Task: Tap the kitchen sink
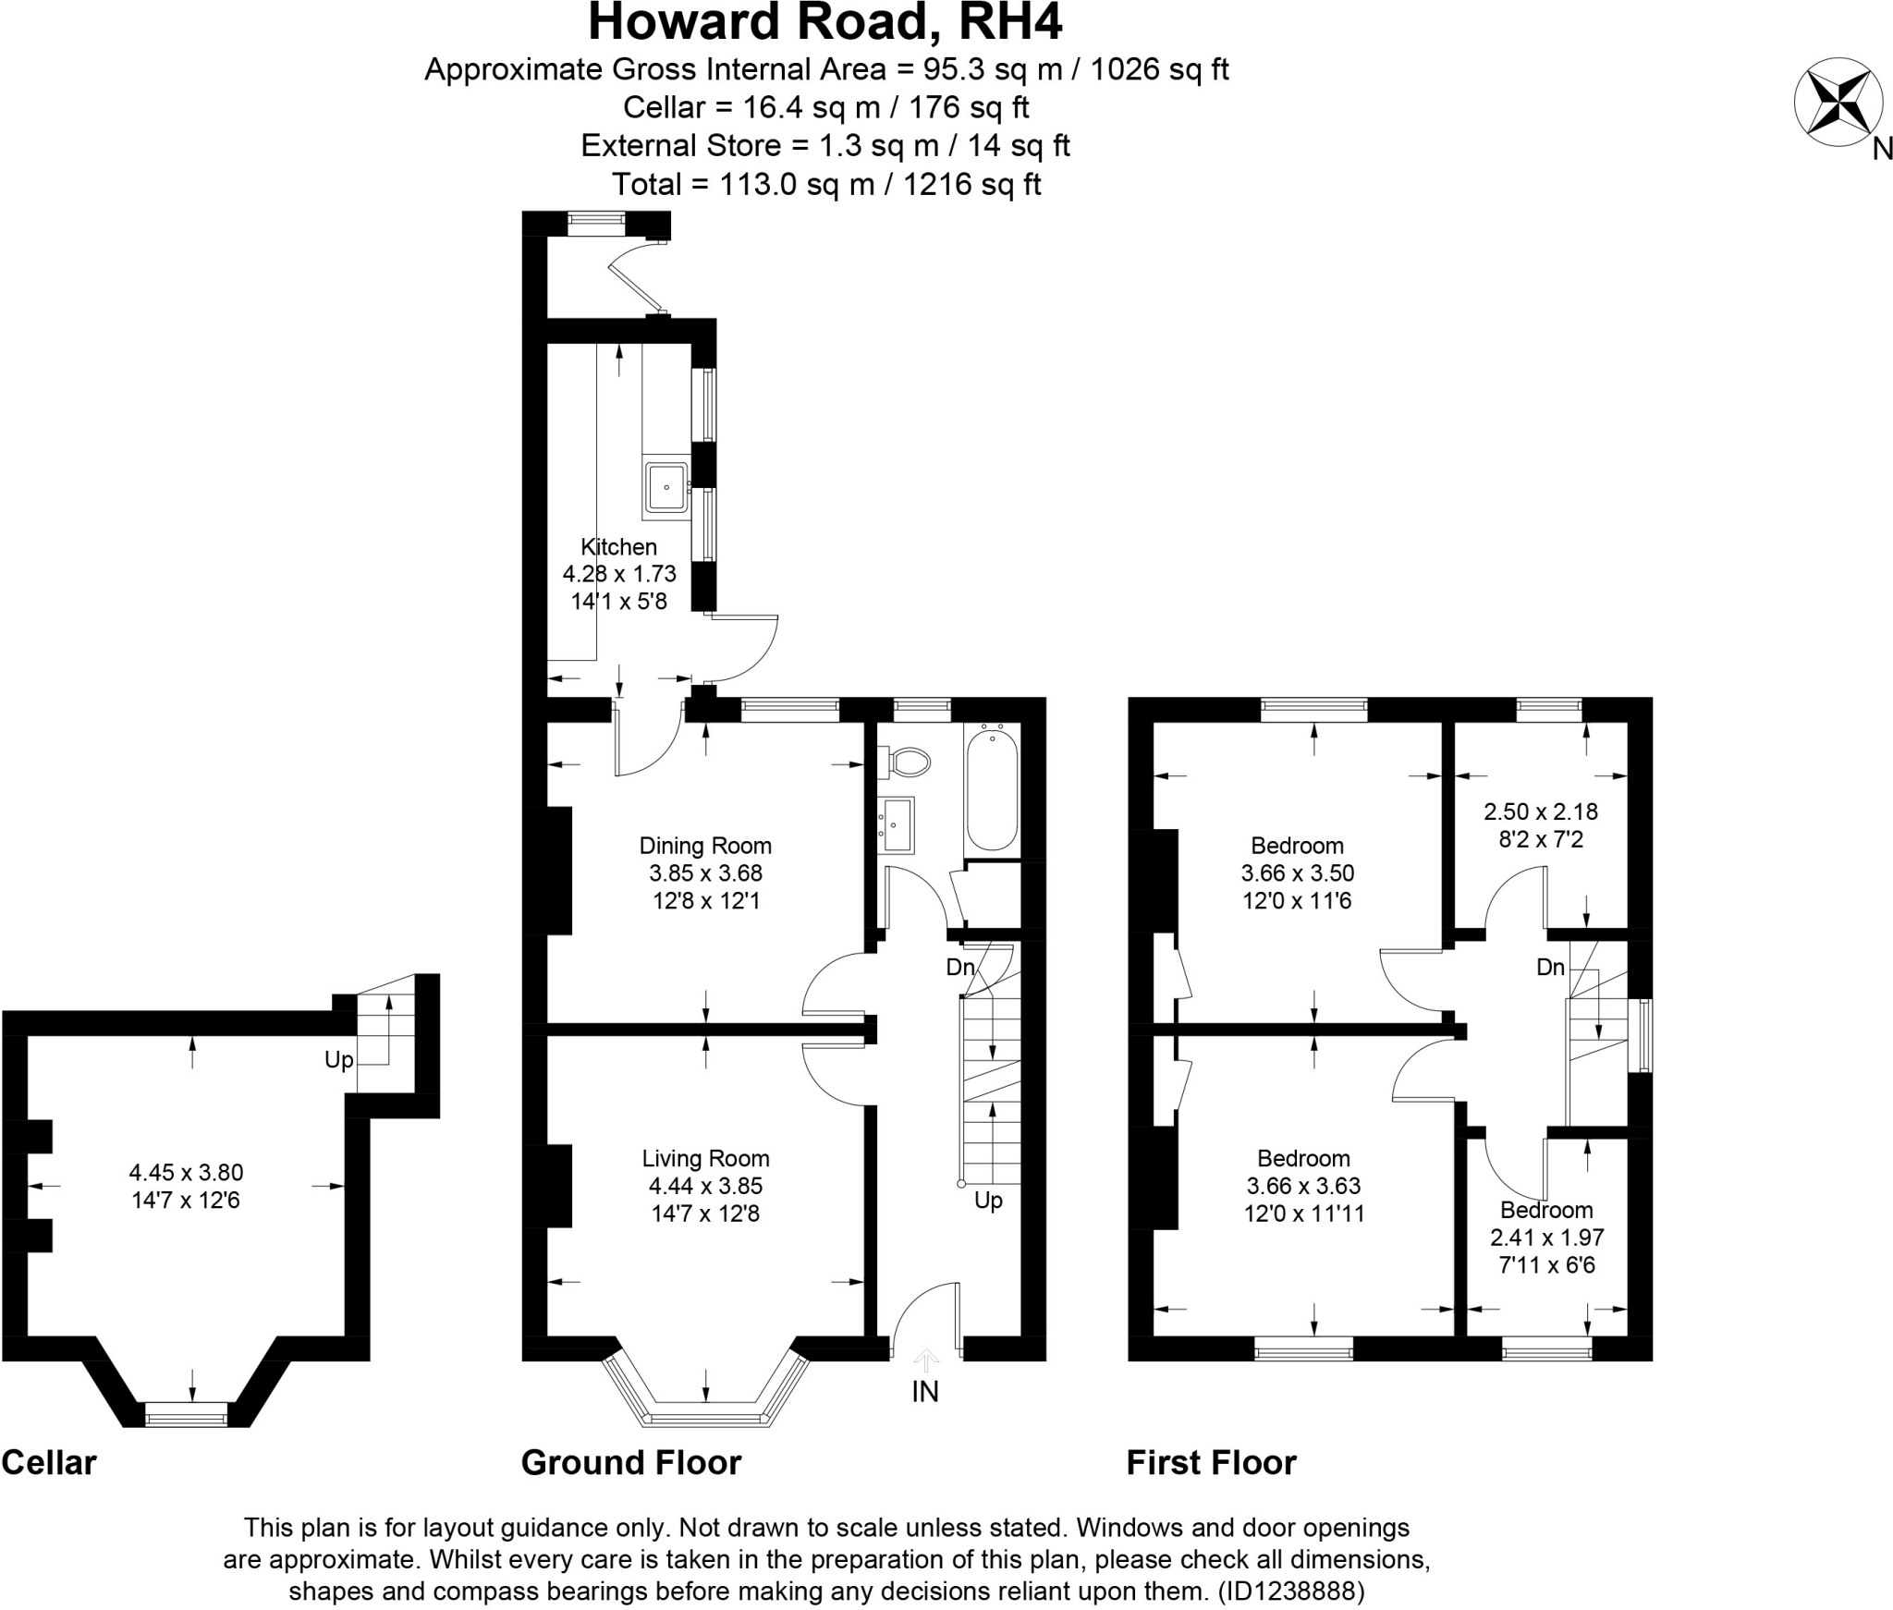tap(666, 487)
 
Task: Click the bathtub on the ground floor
tap(992, 787)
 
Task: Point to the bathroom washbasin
tap(897, 824)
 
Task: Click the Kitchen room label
tap(618, 546)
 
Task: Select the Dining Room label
tap(705, 846)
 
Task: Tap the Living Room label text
tap(705, 1159)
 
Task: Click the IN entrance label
tap(925, 1392)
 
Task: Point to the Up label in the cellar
tap(339, 1060)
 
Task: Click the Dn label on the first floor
tap(1550, 968)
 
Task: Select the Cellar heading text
tap(49, 1463)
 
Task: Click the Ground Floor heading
tap(631, 1463)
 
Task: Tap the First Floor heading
tap(1211, 1463)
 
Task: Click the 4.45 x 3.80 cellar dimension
tap(186, 1173)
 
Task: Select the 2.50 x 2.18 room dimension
tap(1540, 811)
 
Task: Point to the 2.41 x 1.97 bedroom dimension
tap(1546, 1237)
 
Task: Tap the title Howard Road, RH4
tap(824, 22)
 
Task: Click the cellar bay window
tap(187, 1413)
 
